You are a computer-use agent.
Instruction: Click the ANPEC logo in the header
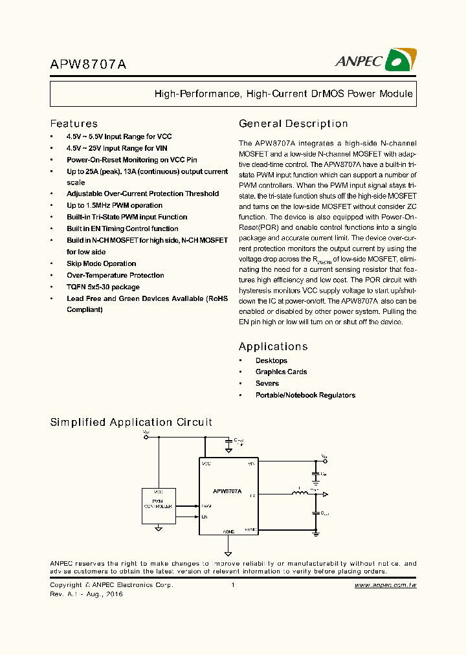point(375,60)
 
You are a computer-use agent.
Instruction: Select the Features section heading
point(74,124)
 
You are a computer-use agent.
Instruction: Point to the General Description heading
point(293,124)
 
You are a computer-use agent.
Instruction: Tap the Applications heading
point(273,346)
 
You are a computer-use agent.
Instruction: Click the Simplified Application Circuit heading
point(131,422)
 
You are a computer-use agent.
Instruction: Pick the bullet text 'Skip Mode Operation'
point(101,263)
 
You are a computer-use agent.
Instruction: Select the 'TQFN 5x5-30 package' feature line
point(103,287)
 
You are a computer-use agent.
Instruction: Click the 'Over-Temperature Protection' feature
point(115,275)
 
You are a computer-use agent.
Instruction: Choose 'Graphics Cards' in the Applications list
point(281,372)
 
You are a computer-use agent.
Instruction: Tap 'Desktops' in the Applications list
point(271,361)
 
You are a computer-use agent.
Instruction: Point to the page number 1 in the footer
point(232,585)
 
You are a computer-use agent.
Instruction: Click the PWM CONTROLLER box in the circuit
point(159,505)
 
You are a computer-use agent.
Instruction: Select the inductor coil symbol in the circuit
point(300,495)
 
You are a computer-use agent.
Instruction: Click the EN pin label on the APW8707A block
point(205,516)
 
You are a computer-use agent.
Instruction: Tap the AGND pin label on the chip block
point(228,531)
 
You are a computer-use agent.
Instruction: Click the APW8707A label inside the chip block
point(227,492)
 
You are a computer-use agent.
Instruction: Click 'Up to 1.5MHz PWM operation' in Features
point(114,205)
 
